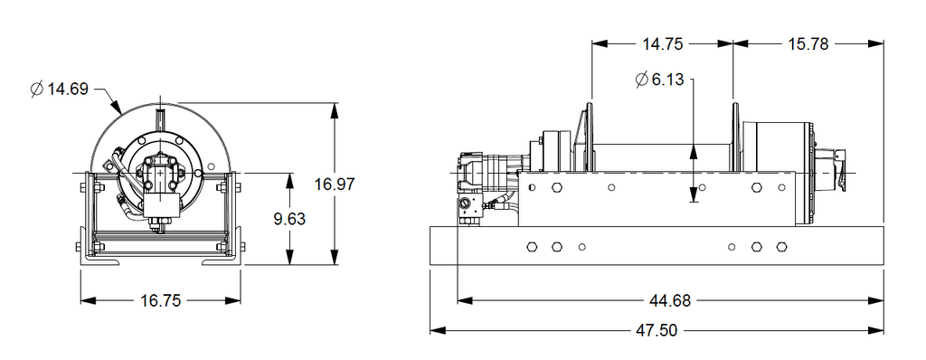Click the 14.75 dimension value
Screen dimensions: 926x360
coord(662,43)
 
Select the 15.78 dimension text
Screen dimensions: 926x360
coord(808,43)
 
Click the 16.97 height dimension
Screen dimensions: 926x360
coord(335,184)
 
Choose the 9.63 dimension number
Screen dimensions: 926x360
coord(289,219)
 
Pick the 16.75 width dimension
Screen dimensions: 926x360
coord(160,301)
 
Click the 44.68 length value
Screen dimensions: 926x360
coord(670,301)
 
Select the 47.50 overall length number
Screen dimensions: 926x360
coord(657,330)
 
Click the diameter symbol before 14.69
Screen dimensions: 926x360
coord(37,90)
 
